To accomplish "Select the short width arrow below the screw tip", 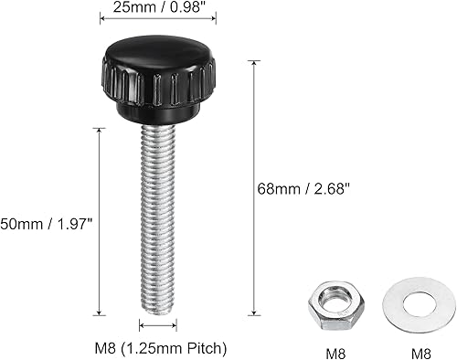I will click(156, 324).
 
